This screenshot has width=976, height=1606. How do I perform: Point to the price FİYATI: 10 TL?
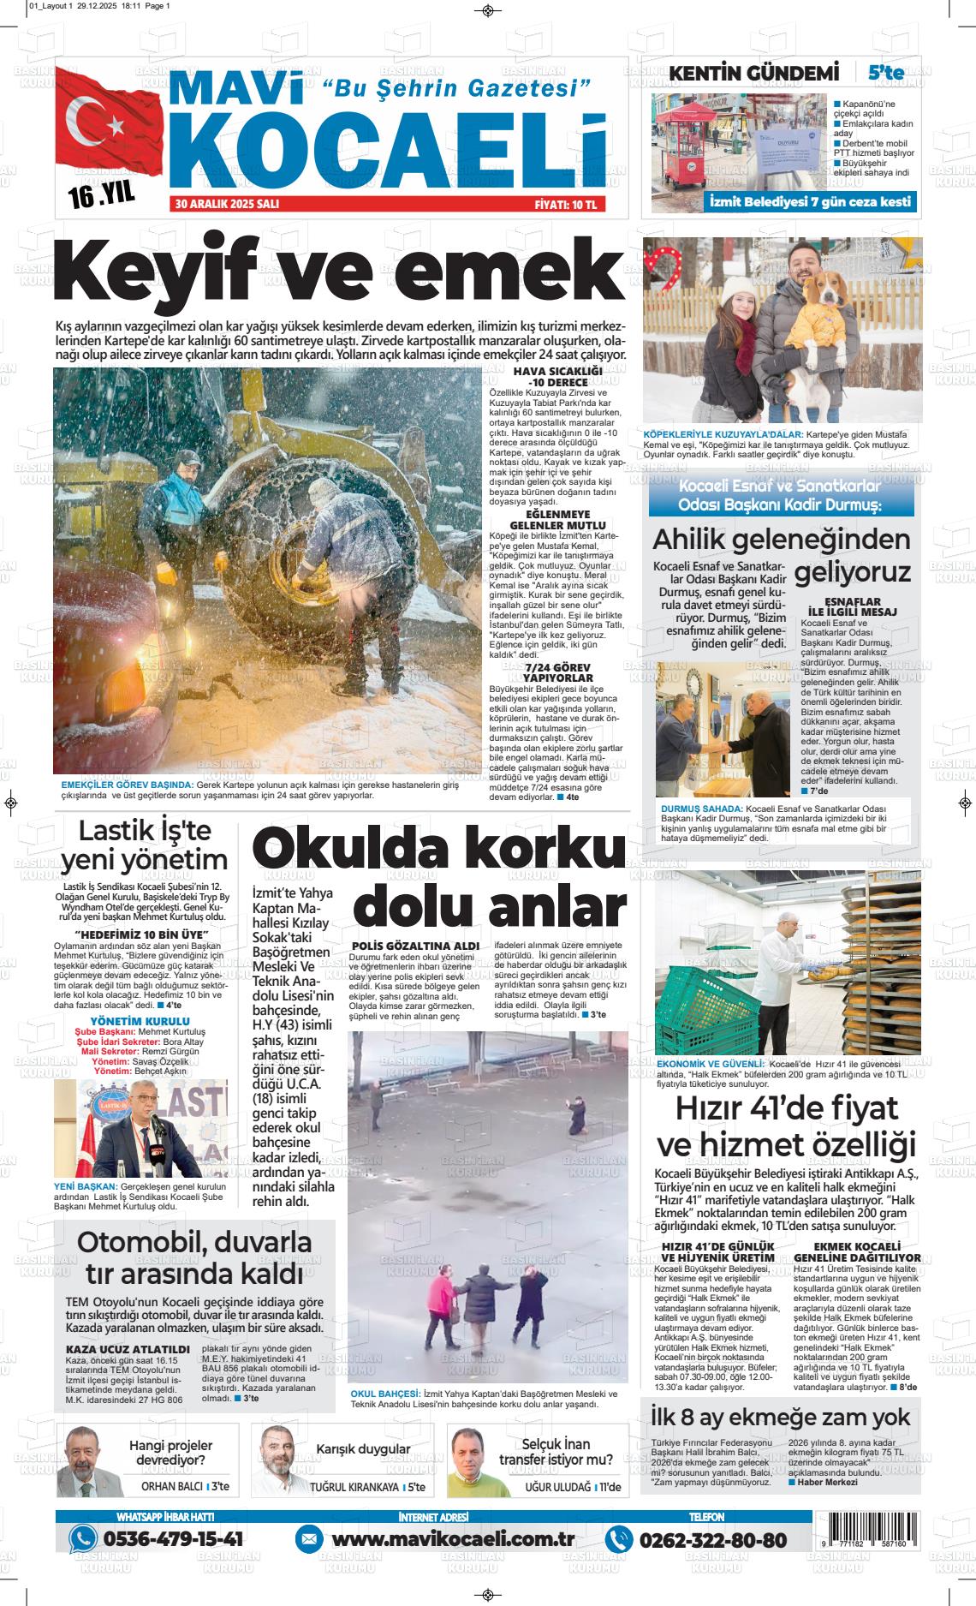[569, 205]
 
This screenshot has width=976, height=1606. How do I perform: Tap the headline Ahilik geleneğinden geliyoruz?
[781, 555]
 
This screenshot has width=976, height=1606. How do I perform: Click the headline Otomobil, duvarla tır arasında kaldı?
[194, 1257]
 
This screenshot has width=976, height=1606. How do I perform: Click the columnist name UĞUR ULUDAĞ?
[556, 1488]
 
